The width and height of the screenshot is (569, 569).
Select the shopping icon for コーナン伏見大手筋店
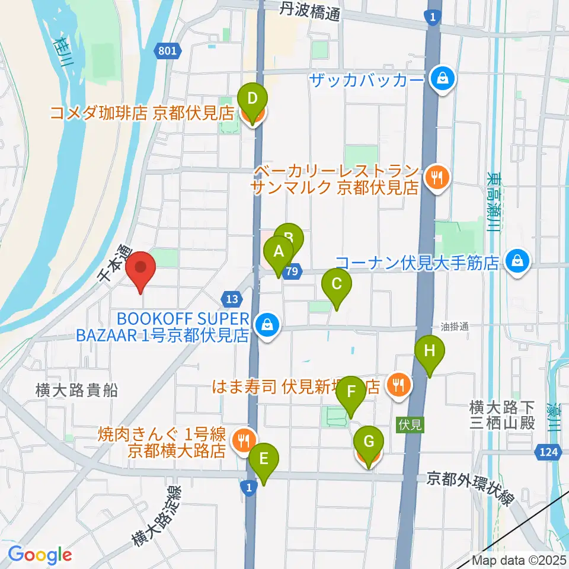pos(517,261)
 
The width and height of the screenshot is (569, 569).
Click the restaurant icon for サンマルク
pos(437,175)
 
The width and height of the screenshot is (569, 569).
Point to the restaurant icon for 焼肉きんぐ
pos(243,440)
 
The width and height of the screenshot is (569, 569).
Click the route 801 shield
pos(168,52)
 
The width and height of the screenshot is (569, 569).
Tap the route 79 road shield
pos(290,270)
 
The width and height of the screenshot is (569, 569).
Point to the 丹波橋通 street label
pos(310,10)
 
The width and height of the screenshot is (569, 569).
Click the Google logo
pos(40,555)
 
